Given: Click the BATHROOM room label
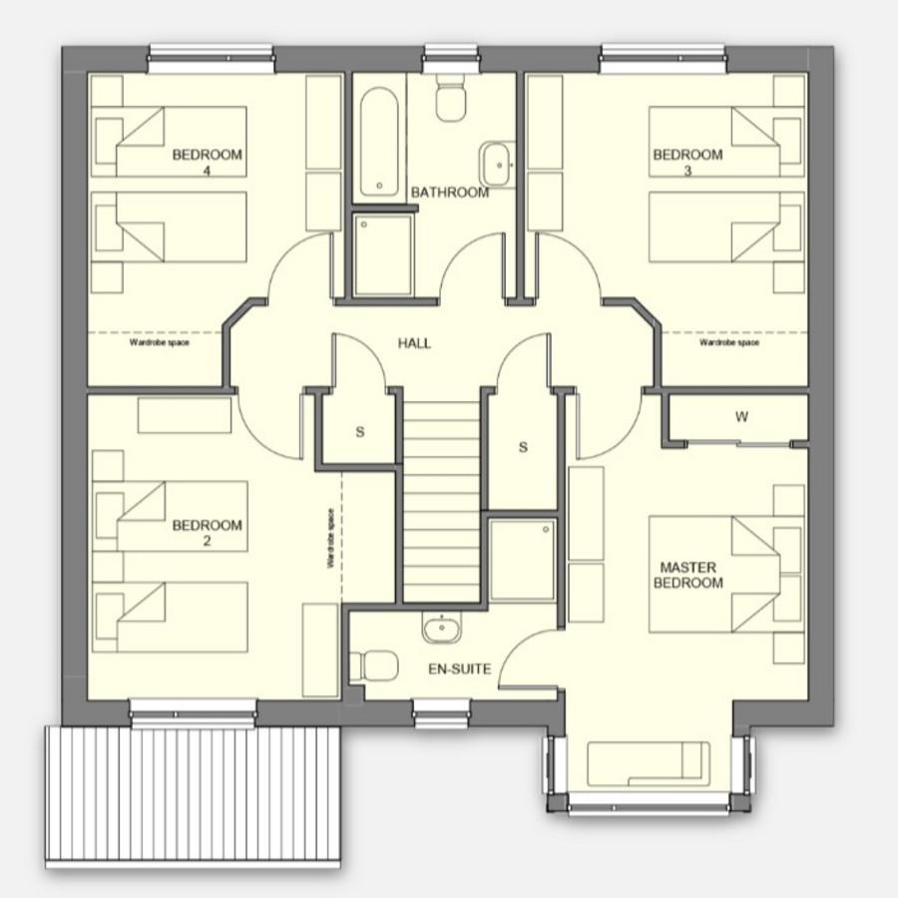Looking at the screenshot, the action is click(450, 193).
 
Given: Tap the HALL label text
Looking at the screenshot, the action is click(414, 343).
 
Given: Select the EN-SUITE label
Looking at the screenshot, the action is click(460, 669).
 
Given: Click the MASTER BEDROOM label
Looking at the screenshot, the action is click(687, 575).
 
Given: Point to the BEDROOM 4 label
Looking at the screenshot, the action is click(207, 162).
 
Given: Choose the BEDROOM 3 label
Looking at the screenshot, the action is click(687, 162).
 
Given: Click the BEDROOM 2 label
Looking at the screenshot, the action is click(207, 533).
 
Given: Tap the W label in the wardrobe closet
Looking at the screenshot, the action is click(741, 417).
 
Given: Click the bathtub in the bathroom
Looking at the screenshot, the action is click(379, 142).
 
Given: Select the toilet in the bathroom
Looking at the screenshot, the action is click(451, 98).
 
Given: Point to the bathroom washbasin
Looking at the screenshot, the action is click(496, 165).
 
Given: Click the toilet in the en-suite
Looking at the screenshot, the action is click(373, 667).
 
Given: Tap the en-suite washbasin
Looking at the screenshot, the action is click(442, 628).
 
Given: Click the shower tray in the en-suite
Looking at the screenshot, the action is click(522, 560).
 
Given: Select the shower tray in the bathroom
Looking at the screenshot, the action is click(382, 254).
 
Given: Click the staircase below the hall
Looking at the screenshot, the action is click(441, 502).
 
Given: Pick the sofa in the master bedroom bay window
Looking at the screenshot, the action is click(649, 764).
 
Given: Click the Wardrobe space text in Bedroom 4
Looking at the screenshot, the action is click(160, 342).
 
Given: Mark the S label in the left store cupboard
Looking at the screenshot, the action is click(359, 432).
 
